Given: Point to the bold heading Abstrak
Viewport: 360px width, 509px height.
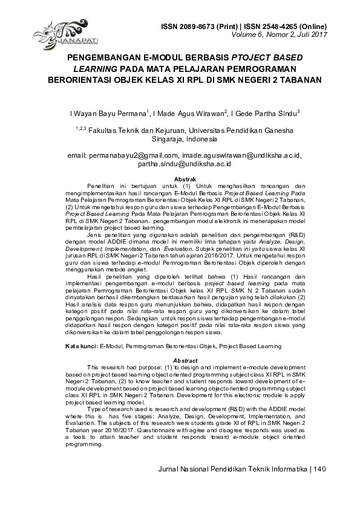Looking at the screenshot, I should (x=185, y=180).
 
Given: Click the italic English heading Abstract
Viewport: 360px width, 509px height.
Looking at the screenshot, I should (x=185, y=360).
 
